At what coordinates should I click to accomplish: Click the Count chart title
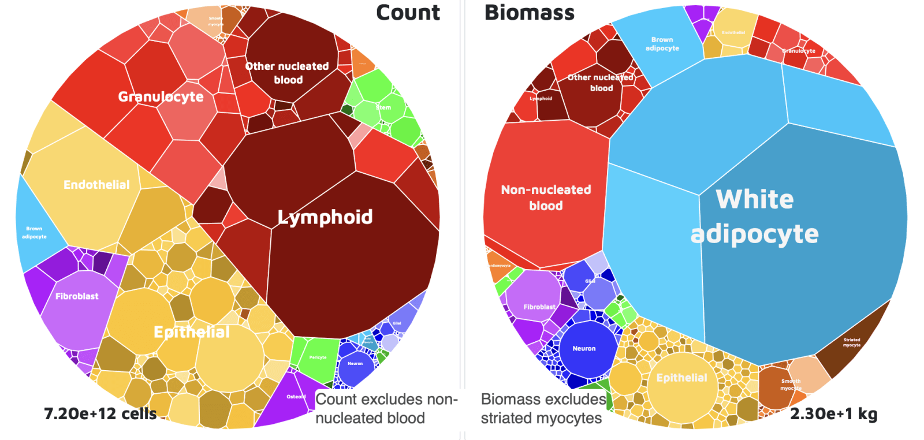(408, 13)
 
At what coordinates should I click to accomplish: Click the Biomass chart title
(529, 13)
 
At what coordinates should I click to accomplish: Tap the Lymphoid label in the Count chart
(325, 217)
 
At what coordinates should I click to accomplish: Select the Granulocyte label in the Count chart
(161, 96)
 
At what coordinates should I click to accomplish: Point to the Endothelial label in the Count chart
(96, 185)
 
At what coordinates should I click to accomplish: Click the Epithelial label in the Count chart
(191, 332)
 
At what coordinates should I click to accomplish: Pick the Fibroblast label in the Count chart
(77, 296)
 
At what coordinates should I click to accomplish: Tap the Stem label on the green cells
(383, 107)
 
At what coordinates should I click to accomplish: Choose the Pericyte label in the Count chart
(318, 357)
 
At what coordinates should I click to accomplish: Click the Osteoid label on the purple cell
(296, 397)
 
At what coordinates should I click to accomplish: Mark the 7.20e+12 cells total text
(100, 413)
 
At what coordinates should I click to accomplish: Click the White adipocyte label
(754, 217)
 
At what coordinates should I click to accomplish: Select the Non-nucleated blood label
(546, 197)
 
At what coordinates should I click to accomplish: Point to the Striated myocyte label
(851, 342)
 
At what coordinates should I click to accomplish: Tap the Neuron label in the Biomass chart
(584, 349)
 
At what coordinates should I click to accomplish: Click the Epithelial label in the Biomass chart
(681, 378)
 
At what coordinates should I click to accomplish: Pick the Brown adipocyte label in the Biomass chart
(662, 44)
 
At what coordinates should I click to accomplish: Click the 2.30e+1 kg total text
(833, 413)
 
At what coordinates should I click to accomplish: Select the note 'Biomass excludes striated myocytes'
(543, 408)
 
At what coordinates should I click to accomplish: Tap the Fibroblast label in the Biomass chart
(539, 307)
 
